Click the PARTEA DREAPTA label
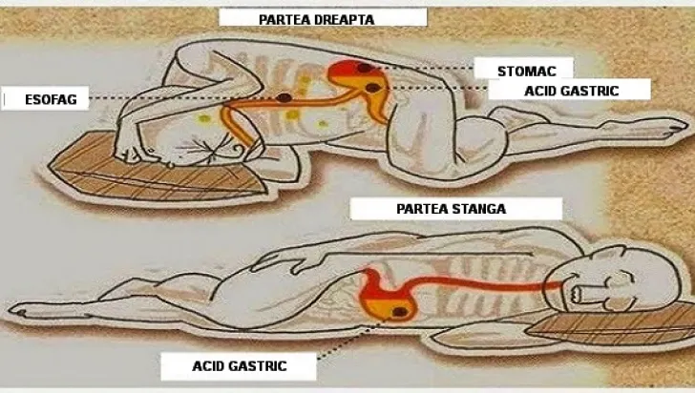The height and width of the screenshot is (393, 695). [317, 19]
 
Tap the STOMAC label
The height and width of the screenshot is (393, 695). [527, 72]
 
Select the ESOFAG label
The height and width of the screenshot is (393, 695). [51, 100]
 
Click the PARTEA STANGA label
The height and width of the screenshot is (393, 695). [452, 209]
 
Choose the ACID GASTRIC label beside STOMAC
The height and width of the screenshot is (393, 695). [571, 91]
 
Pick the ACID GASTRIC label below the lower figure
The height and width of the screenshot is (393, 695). [240, 366]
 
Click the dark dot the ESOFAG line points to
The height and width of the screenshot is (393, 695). [284, 97]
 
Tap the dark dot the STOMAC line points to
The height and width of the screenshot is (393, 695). [365, 68]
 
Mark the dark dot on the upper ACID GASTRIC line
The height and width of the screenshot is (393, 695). [372, 88]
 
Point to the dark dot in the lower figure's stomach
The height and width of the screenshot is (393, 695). [400, 312]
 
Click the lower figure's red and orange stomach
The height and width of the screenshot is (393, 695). [387, 297]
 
